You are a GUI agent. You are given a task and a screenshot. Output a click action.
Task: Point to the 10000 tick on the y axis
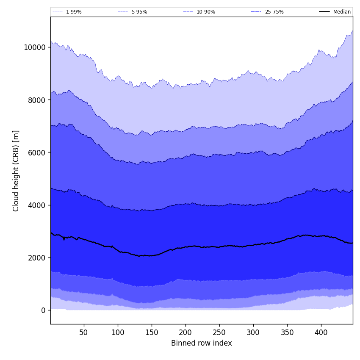click(34, 47)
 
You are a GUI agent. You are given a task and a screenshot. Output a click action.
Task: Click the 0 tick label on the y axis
click(43, 310)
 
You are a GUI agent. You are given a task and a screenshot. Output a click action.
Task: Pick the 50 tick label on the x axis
click(83, 332)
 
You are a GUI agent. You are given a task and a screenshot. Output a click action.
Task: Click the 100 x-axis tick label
click(118, 332)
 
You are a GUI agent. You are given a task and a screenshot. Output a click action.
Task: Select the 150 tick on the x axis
click(152, 332)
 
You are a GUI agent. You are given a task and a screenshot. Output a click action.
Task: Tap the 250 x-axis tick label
click(219, 332)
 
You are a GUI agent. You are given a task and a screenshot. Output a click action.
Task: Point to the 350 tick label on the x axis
click(287, 332)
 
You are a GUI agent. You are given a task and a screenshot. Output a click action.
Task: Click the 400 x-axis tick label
click(321, 332)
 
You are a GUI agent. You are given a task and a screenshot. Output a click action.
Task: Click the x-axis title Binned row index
click(202, 343)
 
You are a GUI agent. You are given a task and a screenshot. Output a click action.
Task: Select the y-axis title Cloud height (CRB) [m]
click(16, 171)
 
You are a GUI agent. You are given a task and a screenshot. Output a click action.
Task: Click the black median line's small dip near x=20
click(64, 239)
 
